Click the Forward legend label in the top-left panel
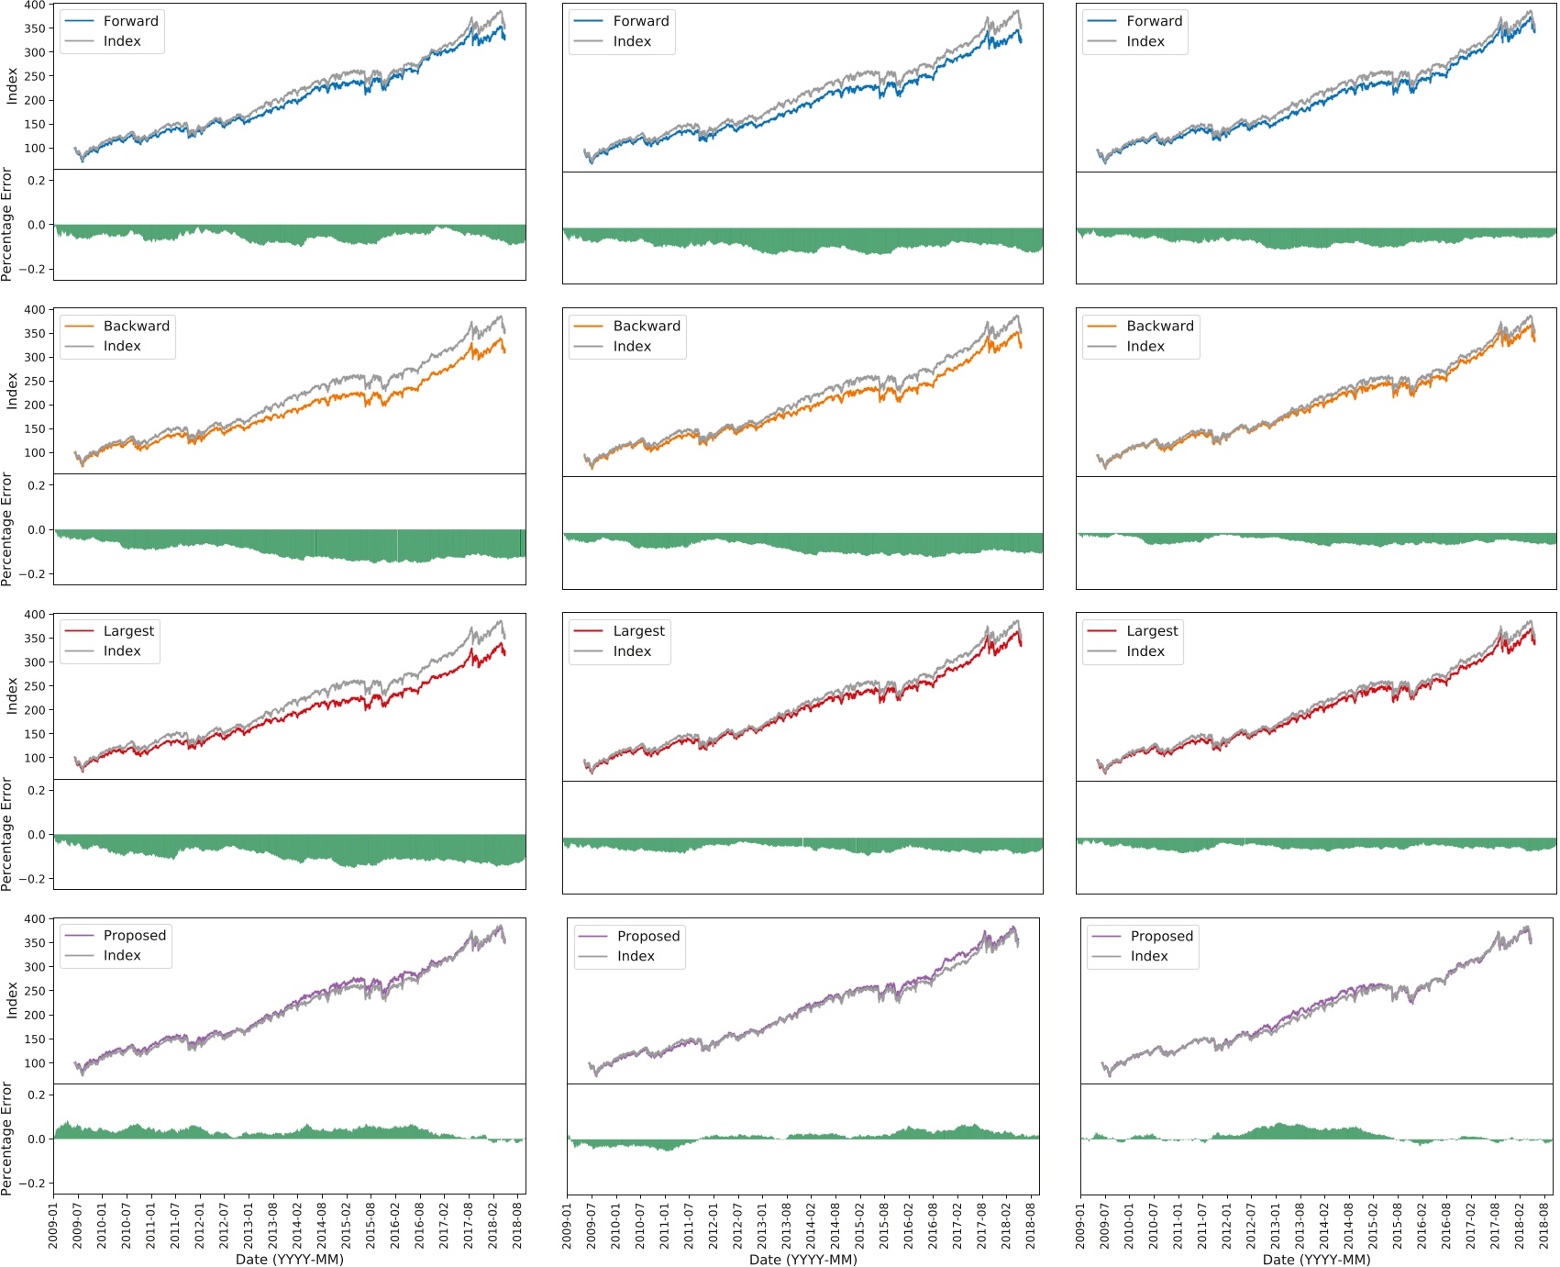point(130,21)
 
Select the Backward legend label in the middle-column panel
point(647,326)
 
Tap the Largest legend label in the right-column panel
point(1152,631)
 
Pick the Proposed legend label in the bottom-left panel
point(134,936)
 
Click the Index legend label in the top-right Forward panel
point(1145,41)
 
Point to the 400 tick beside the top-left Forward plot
point(34,6)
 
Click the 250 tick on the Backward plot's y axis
point(34,381)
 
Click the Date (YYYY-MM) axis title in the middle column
point(802,1259)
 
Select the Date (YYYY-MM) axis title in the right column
point(1316,1259)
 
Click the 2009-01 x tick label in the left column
point(53,1224)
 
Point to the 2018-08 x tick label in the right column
point(1544,1224)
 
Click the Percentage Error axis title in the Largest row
point(7,834)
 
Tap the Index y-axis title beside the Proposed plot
point(12,1000)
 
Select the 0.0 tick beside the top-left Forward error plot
point(37,225)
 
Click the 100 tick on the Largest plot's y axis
point(34,758)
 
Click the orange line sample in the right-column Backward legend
point(1101,326)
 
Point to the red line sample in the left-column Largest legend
point(79,631)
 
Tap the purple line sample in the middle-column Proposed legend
point(593,936)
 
